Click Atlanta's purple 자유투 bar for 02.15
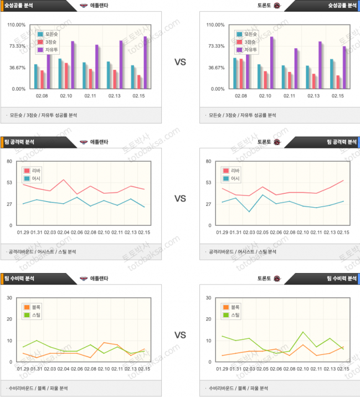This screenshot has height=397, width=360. (145, 63)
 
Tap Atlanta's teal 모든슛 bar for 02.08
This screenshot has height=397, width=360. (36, 76)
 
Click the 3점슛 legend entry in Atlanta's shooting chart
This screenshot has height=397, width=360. (49, 42)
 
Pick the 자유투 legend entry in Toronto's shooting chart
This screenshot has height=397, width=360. (248, 50)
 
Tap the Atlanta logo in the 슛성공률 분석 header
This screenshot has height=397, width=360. (84, 6)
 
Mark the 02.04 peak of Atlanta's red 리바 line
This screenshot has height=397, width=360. (64, 180)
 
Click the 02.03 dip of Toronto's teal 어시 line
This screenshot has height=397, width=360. (250, 212)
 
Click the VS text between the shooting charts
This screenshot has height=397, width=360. (180, 63)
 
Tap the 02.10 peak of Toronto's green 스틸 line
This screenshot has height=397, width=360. (303, 332)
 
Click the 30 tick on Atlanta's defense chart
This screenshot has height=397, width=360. (9, 298)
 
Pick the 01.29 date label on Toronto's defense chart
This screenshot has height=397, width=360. (223, 369)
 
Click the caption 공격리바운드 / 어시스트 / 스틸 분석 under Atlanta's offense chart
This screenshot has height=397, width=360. (42, 251)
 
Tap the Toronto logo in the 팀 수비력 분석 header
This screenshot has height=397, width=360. (277, 279)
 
